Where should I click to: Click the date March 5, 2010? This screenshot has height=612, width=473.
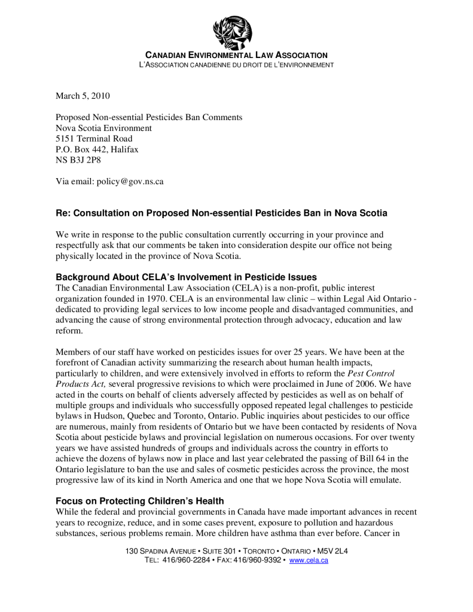click(83, 96)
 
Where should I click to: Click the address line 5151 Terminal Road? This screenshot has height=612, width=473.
click(94, 139)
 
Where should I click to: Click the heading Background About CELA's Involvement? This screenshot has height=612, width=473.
click(186, 277)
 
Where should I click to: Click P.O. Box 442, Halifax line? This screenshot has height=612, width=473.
click(97, 149)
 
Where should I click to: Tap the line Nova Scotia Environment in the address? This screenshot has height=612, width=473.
click(103, 128)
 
